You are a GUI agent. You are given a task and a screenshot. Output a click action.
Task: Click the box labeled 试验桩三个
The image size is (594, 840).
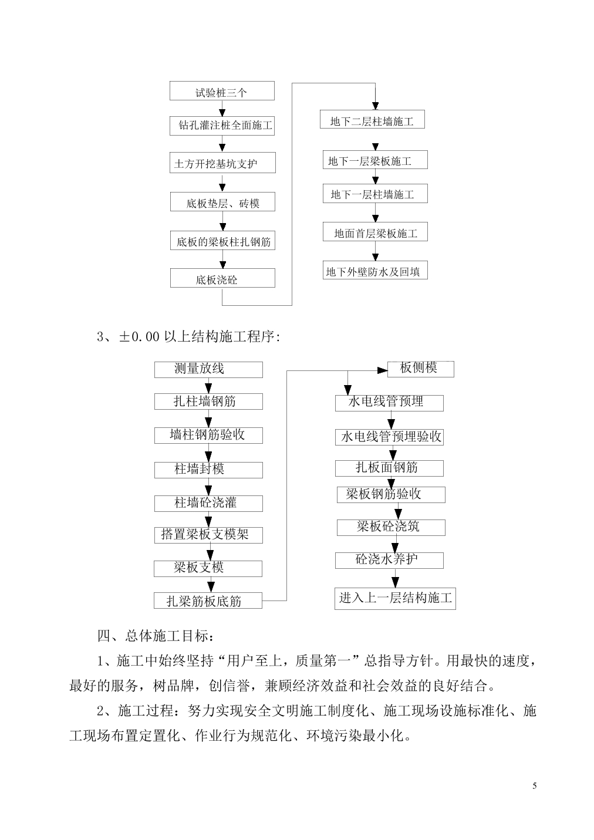(x=222, y=91)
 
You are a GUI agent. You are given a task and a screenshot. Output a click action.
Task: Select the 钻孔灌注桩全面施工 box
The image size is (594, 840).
(x=222, y=126)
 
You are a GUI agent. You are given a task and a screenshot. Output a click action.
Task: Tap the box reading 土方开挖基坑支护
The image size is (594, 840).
(x=222, y=163)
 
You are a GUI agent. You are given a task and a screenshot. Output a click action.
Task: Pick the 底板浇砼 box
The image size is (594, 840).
(x=222, y=278)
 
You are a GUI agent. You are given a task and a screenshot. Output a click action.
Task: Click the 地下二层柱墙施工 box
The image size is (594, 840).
(x=372, y=119)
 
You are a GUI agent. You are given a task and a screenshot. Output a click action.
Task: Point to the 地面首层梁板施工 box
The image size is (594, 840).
(x=375, y=232)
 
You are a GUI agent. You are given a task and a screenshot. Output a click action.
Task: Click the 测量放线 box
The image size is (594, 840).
(x=208, y=370)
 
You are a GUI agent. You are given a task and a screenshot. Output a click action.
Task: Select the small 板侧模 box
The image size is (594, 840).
(x=420, y=369)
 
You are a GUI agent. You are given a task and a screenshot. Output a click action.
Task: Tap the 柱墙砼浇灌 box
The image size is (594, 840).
(x=208, y=503)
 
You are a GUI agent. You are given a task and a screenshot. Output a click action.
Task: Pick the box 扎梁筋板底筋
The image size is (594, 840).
(x=208, y=601)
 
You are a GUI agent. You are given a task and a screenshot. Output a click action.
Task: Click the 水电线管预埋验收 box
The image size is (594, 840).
(x=389, y=437)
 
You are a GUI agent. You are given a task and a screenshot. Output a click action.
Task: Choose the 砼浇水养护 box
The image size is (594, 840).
(x=389, y=560)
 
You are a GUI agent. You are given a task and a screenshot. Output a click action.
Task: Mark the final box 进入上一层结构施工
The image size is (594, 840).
(x=395, y=599)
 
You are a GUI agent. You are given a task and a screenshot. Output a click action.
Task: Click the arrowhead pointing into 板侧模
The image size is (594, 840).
(x=383, y=371)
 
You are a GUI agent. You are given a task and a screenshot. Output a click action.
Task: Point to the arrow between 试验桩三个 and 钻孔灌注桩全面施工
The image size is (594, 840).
(x=222, y=109)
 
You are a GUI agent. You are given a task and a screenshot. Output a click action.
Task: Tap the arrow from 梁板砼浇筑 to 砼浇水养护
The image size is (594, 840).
(x=396, y=544)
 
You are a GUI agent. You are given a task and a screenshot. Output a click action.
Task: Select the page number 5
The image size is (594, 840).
(x=534, y=785)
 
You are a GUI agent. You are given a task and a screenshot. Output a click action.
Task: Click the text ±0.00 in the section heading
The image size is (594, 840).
(x=139, y=336)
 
